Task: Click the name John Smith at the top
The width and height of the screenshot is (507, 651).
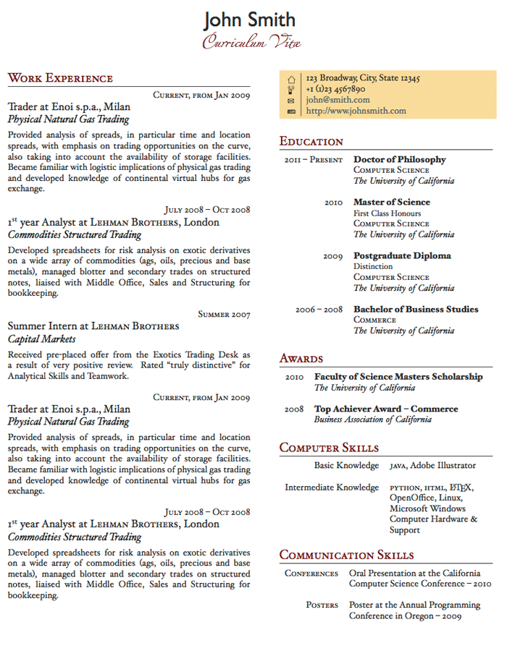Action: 250,20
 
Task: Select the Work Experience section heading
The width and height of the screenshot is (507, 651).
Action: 60,78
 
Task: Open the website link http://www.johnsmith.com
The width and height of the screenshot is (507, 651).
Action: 356,111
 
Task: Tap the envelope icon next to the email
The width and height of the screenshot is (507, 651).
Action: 291,101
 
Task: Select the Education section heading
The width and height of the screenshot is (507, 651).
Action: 311,142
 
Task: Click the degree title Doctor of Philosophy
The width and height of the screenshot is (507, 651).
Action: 399,159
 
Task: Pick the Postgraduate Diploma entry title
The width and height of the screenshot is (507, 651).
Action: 402,255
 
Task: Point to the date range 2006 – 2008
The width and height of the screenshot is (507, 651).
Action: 319,310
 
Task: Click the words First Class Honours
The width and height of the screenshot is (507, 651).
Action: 387,213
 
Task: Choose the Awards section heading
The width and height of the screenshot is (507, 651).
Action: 301,359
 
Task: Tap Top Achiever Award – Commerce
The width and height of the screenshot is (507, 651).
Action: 385,409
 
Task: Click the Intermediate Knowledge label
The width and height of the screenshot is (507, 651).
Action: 332,488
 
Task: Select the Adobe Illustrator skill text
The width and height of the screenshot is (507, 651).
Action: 443,466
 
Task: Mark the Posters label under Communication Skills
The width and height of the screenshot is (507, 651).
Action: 322,605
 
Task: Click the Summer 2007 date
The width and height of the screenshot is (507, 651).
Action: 224,315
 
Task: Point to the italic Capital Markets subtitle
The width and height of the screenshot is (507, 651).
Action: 42,339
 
